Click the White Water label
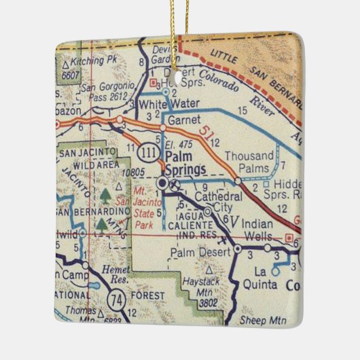click(161, 105)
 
